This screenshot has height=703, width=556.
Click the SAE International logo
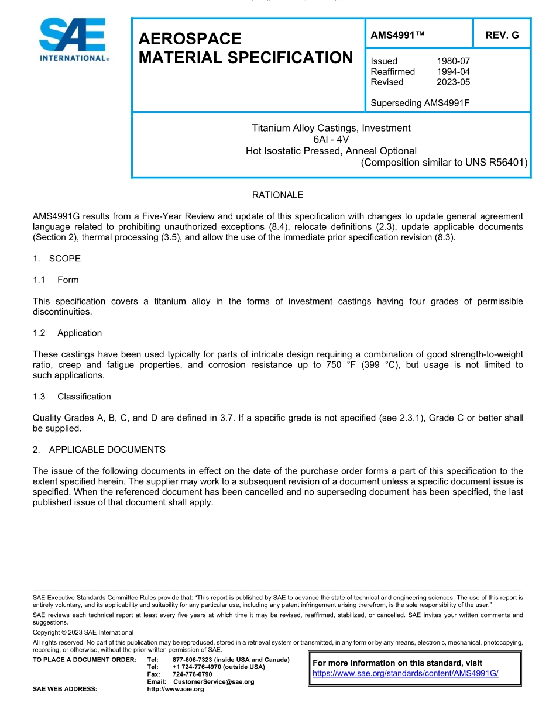coord(73,40)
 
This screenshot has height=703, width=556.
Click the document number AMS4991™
coord(397,35)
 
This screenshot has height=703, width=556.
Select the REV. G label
coord(502,35)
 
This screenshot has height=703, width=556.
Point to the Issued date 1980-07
coord(453,61)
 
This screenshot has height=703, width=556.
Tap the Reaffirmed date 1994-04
coord(453,71)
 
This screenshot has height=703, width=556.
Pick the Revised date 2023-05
coord(453,82)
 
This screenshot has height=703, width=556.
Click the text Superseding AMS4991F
coord(420,103)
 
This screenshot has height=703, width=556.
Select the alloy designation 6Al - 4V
coord(331,139)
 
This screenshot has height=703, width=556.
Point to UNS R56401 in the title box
coord(496,162)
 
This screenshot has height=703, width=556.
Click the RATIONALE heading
coord(277,195)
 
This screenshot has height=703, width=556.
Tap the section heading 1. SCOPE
coord(57,259)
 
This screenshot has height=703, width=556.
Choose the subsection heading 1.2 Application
coord(67,333)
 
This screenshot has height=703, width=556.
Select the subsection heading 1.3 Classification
coord(72,397)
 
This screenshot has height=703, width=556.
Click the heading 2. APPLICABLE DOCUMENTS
coord(99,450)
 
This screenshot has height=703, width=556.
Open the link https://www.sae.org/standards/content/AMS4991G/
coord(405,673)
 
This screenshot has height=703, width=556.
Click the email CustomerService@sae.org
coord(214,682)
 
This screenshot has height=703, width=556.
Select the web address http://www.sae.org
coord(176,689)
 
